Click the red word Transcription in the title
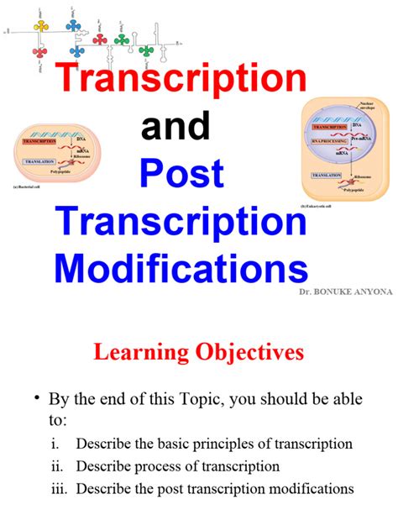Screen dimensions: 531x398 coord(182,80)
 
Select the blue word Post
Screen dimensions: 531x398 coord(181,175)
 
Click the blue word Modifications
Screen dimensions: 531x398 coord(181,271)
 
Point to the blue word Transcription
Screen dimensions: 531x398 coord(181,223)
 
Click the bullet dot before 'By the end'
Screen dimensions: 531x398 coord(37,398)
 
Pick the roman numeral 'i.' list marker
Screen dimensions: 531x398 coord(55,444)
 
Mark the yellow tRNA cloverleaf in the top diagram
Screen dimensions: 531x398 coord(39,28)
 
